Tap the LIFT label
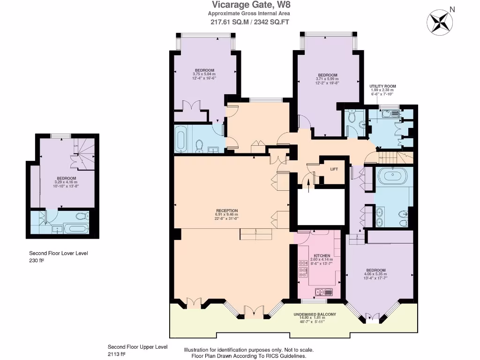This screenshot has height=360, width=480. point(334,169)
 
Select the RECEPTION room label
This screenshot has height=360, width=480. point(227,210)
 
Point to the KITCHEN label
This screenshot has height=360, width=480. point(322,255)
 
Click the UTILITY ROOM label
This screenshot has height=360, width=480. point(382,86)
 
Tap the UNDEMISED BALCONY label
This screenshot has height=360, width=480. point(315,314)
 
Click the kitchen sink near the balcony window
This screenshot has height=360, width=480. point(324,292)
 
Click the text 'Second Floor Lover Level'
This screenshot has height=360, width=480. point(59,253)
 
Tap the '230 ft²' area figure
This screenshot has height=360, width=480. point(36,261)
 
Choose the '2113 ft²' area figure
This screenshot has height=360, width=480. point(117,354)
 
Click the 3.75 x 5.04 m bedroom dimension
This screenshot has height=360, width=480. point(204,74)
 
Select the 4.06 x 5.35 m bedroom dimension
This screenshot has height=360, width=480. point(376,275)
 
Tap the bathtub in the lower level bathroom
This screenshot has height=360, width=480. point(75,229)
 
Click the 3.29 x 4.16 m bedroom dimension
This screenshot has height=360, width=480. point(66,182)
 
